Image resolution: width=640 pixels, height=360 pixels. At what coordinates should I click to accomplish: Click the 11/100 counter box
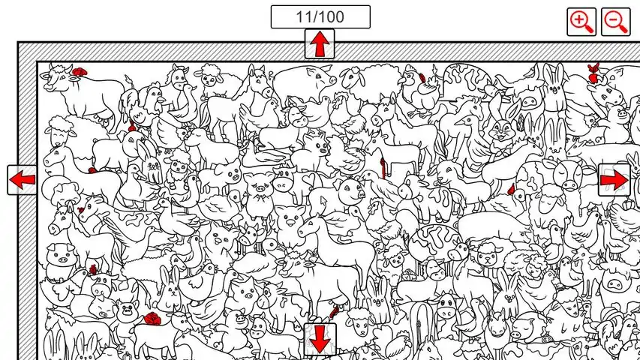pos(320,16)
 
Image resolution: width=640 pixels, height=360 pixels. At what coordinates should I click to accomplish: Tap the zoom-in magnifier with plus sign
pos(581,22)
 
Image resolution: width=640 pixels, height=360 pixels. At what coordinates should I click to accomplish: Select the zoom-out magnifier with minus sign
pos(616,22)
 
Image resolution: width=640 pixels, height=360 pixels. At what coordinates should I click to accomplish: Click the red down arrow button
pos(320,339)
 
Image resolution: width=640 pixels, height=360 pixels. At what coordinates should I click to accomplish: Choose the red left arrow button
pos(22,179)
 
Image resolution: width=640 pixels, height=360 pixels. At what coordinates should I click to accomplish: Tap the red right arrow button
pos(614,180)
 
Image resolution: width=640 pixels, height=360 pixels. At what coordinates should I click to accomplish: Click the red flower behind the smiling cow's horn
pos(80,72)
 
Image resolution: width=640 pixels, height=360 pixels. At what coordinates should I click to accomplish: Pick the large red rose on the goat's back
pos(152,319)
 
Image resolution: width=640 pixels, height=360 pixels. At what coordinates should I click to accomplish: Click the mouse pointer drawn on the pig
pos(324,201)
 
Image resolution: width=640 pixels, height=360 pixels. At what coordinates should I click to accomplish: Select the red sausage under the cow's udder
pos(335,311)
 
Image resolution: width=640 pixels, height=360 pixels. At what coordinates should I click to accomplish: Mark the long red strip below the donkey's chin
pos(383,168)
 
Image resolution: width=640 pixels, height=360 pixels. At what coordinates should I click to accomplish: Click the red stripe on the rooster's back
pos(422,77)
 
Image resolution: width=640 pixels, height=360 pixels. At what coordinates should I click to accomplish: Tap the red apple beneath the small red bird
pos(593,77)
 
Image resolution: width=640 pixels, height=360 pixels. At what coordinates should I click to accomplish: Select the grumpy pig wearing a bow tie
pos(259,194)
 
